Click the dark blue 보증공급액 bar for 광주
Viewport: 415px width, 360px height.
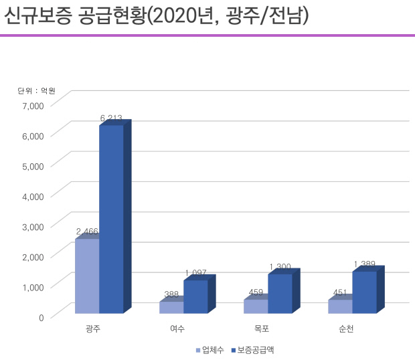coord(111,217)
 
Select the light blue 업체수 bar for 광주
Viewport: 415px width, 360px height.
coord(87,275)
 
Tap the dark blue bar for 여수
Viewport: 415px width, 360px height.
coord(195,296)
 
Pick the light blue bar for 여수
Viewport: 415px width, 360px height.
coord(171,307)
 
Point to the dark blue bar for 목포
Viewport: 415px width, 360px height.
coord(280,293)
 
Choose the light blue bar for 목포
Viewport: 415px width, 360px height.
coord(256,306)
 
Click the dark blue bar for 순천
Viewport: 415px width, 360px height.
coord(364,292)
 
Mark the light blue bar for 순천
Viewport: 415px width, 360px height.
coord(340,306)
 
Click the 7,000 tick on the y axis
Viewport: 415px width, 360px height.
coord(32,105)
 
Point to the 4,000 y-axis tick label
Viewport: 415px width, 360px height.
coord(32,195)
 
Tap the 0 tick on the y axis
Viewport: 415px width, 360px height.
coord(40,317)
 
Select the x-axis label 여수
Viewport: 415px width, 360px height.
coord(177,329)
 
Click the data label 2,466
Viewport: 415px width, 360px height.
coord(87,232)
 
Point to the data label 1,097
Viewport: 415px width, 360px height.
coord(196,272)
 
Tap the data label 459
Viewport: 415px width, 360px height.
coord(256,292)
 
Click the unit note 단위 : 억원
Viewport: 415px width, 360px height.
coord(36,90)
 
